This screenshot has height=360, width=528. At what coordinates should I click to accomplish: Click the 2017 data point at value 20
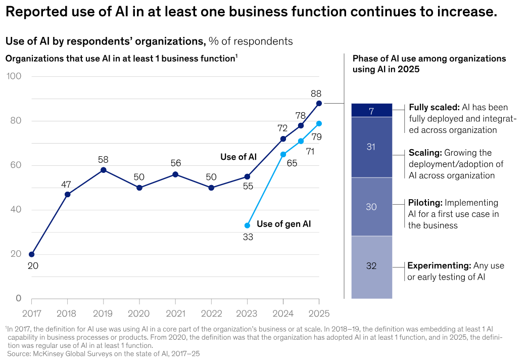(32, 254)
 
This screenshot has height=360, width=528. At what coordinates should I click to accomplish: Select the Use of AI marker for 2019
(103, 170)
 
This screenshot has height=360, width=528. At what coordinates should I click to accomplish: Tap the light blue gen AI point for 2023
(247, 226)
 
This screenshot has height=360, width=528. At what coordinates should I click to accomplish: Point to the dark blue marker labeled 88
(319, 103)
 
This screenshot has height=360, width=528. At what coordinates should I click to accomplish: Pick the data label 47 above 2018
(66, 185)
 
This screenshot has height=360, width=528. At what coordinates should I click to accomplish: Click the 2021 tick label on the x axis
(175, 314)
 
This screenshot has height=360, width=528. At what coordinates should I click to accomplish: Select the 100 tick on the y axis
(14, 76)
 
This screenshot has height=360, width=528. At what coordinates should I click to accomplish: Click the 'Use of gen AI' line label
(283, 224)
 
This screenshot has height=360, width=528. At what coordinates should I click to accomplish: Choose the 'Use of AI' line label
(238, 157)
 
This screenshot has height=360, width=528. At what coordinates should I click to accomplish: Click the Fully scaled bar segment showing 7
(371, 110)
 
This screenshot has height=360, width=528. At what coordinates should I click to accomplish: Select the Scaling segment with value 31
(371, 147)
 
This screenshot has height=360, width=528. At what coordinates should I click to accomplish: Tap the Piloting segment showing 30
(371, 207)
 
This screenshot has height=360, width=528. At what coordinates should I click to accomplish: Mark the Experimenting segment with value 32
(371, 267)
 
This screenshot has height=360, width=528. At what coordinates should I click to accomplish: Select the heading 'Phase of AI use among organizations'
(429, 59)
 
